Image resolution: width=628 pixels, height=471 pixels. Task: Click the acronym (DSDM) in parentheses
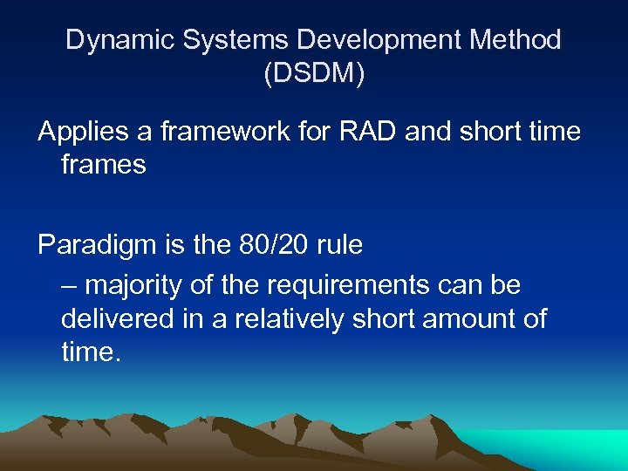pos(314,73)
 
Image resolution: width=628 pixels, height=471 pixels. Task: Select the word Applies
pos(81,133)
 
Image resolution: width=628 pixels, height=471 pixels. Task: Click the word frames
pos(103,164)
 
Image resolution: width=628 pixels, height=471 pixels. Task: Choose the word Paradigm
pos(97,246)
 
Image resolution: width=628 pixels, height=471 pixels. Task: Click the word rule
pos(340,245)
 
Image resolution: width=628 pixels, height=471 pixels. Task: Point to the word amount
pos(467,318)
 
